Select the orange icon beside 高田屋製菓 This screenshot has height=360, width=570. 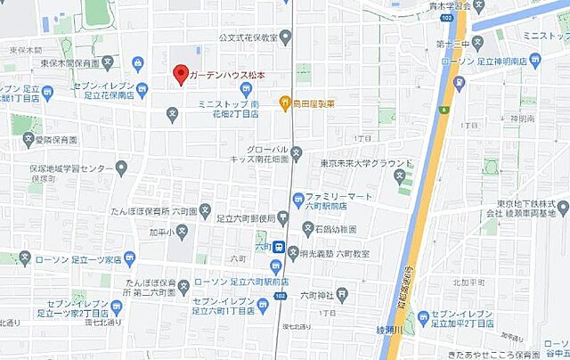pyautogui.click(x=285, y=103)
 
